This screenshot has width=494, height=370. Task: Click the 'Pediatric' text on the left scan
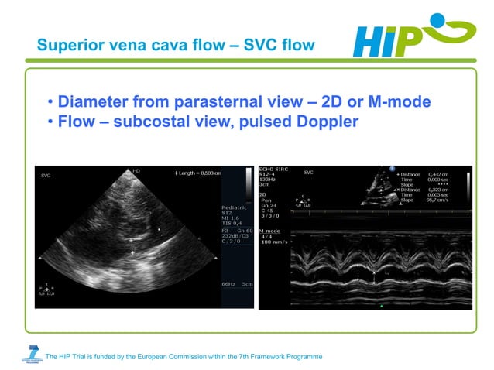coord(235,207)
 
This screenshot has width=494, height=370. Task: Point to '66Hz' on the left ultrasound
coord(228,285)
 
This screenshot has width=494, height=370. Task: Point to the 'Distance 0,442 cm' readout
coord(431,174)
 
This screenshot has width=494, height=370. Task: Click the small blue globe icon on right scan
coord(393,168)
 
